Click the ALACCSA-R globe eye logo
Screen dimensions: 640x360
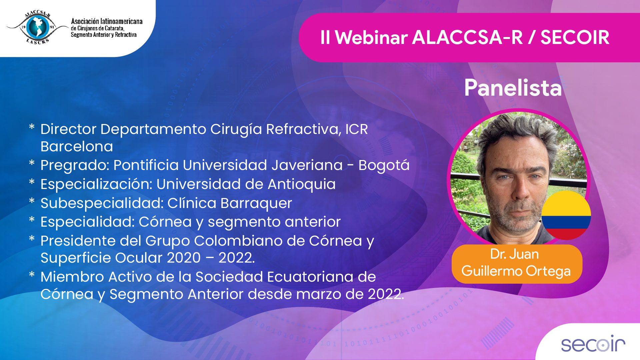[38, 27]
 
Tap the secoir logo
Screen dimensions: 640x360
[593, 344]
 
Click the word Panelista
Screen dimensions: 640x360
[513, 88]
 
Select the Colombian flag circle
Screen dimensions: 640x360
[566, 215]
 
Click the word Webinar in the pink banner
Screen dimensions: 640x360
[371, 37]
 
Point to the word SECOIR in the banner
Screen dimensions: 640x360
[575, 37]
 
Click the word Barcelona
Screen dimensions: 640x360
[77, 146]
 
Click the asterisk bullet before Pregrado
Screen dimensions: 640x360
[32, 163]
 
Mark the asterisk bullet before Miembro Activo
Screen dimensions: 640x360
[32, 275]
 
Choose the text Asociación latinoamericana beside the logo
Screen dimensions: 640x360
[107, 21]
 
